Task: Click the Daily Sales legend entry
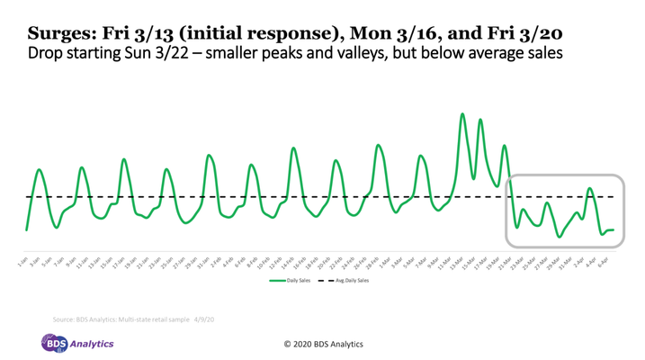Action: (x=298, y=281)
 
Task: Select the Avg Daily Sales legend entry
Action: (x=351, y=281)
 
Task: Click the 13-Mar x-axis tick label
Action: (x=458, y=264)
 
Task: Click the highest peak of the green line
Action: (x=462, y=114)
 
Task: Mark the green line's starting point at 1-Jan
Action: (x=26, y=229)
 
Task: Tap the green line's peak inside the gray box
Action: (x=590, y=189)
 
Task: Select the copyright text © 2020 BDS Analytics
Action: (x=323, y=344)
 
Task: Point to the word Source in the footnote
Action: (x=63, y=319)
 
